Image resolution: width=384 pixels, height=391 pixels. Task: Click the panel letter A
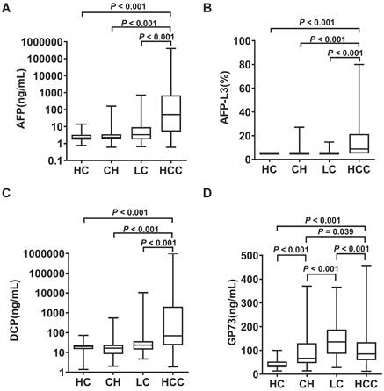[7, 7]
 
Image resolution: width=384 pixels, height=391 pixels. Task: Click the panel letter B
[207, 7]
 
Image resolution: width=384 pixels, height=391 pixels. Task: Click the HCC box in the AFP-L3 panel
[359, 144]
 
